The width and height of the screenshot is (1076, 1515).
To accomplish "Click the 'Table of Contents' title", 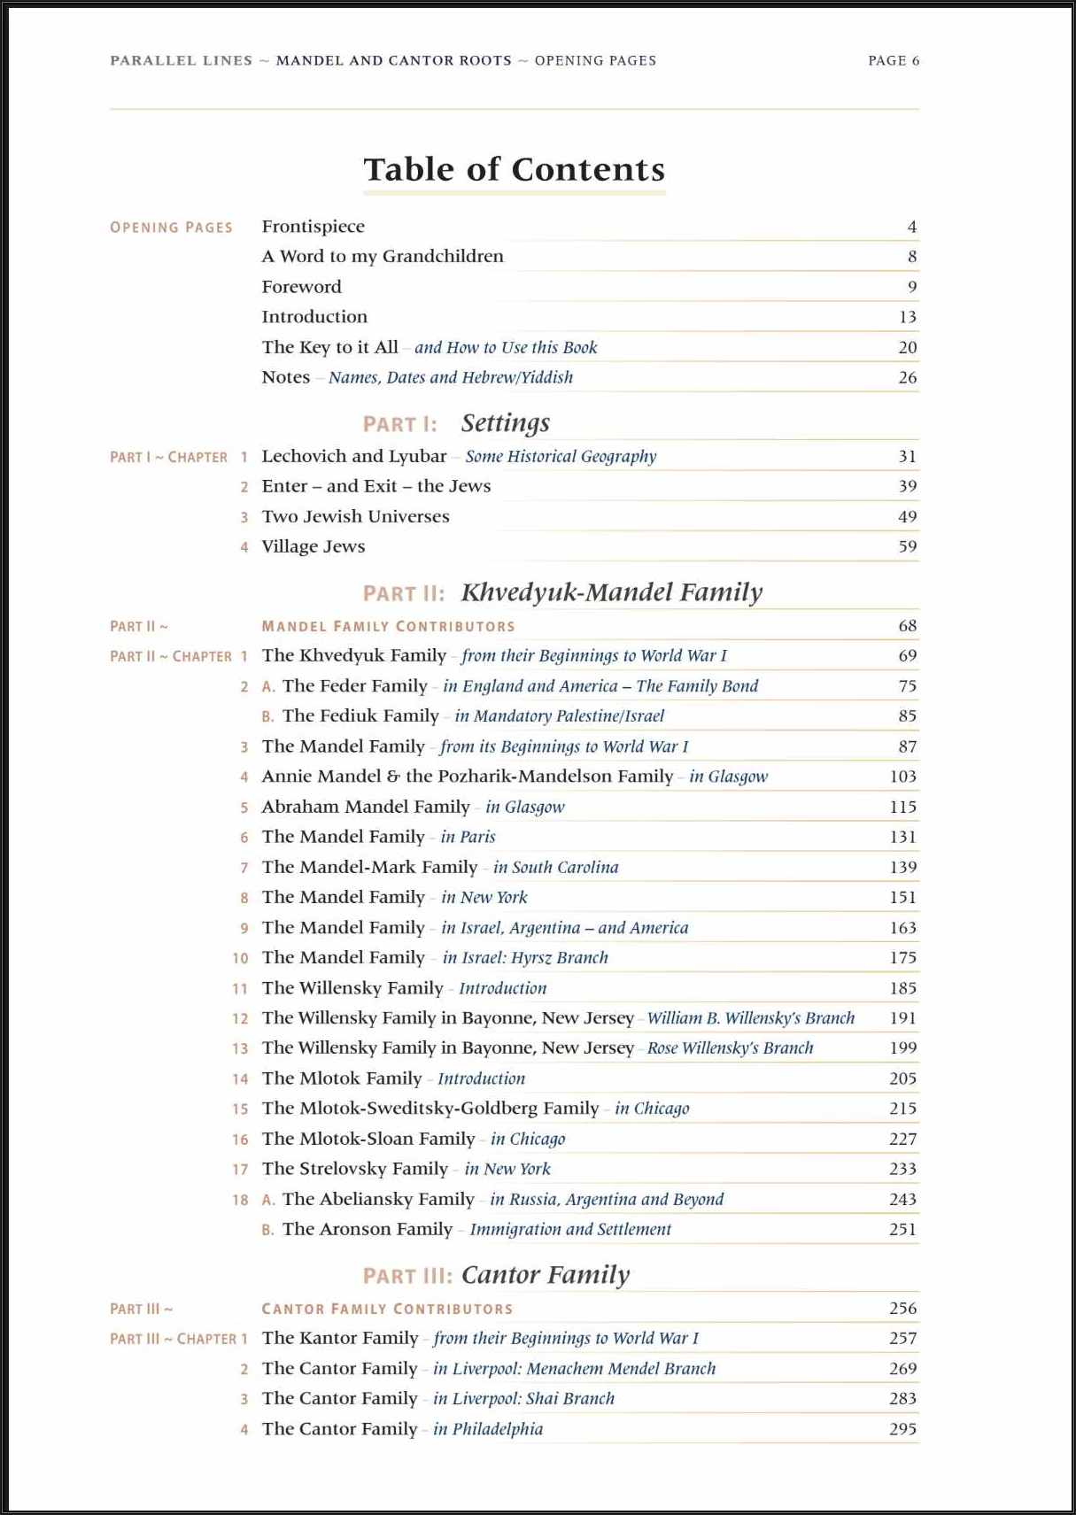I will (514, 169).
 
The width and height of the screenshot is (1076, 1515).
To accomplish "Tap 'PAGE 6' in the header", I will (893, 60).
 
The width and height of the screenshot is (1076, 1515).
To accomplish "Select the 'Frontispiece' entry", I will (313, 227).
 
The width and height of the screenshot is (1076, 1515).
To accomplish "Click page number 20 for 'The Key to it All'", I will (907, 347).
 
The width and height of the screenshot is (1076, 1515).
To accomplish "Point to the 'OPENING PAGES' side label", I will (171, 228).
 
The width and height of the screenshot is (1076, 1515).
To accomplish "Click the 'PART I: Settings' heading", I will (456, 423).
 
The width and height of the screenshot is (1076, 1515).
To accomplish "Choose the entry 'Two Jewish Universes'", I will (355, 516).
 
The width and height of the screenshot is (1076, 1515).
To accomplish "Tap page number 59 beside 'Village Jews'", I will (907, 546).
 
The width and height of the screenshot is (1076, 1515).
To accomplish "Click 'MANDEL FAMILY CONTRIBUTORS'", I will (388, 626).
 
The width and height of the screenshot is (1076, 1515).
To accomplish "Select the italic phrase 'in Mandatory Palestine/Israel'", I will (559, 715).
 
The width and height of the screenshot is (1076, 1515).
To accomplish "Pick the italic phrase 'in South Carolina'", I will (555, 867).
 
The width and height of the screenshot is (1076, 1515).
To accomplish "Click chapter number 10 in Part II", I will (240, 958).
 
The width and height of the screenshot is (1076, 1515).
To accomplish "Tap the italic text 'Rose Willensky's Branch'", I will (730, 1048).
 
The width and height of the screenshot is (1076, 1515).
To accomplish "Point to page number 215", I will (902, 1109).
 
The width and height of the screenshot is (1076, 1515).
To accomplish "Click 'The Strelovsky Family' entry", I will (354, 1169).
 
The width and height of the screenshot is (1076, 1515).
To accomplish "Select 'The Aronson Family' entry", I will (367, 1229).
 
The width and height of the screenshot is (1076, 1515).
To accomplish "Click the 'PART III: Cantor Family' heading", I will (496, 1275).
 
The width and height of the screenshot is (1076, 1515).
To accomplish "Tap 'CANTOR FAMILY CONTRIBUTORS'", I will (387, 1309).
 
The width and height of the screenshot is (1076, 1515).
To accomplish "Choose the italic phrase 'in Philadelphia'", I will (487, 1429).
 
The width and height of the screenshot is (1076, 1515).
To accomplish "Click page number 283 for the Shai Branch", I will (902, 1399).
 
